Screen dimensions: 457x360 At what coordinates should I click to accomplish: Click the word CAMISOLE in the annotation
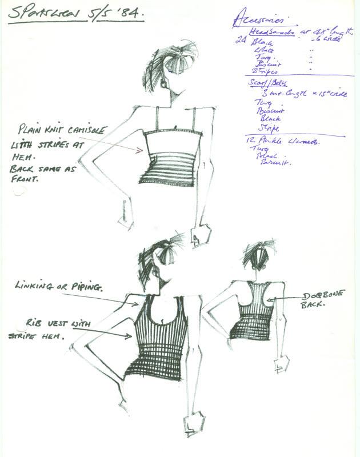pyautogui.click(x=85, y=131)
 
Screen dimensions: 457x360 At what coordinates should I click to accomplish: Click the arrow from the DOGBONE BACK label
pyautogui.click(x=286, y=298)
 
